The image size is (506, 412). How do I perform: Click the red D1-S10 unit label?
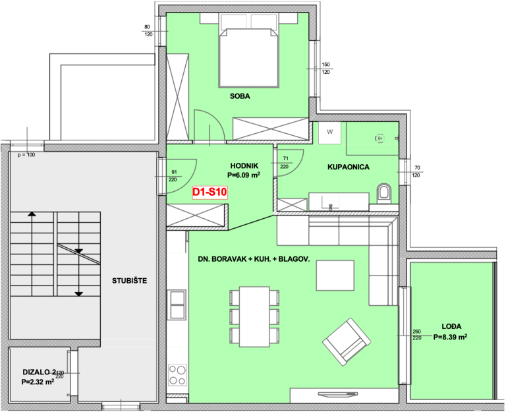click(210, 192)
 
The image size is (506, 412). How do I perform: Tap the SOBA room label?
click(240, 96)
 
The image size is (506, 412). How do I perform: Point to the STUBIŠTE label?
click(129, 281)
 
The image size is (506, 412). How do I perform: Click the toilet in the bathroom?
click(383, 192)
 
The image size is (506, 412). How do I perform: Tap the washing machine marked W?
click(329, 132)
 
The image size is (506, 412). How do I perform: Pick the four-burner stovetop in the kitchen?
click(177, 374)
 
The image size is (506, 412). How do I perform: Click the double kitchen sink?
click(177, 305)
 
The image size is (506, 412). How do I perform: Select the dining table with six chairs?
click(254, 317)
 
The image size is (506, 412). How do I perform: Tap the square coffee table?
click(335, 276)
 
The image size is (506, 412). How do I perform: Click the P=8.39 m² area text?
click(450, 337)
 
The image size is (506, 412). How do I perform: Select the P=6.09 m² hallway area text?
click(244, 175)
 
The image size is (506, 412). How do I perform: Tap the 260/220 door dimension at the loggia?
click(417, 334)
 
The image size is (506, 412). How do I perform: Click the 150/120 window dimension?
click(325, 69)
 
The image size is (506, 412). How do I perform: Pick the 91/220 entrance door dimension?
click(173, 176)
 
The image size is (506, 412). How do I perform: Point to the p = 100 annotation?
click(26, 155)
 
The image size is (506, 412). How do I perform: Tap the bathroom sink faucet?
click(330, 206)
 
